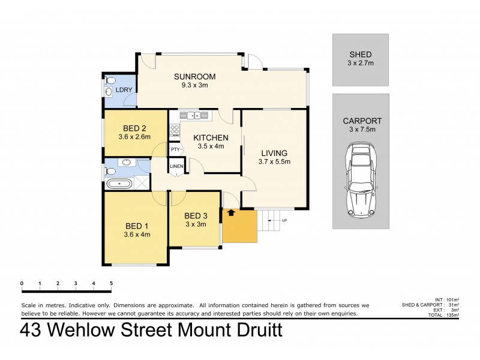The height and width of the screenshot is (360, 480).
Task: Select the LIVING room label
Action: [x=274, y=152]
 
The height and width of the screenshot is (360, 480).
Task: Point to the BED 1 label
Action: [x=137, y=226]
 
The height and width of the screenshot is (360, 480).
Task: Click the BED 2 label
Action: [x=135, y=128]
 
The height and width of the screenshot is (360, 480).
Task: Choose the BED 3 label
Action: [x=196, y=216]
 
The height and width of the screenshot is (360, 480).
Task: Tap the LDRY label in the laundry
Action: [x=124, y=91]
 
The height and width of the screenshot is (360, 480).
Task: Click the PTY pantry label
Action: [x=175, y=149]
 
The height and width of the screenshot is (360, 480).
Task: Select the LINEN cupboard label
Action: [x=176, y=166]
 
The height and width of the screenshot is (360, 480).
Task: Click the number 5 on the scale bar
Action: [x=111, y=283]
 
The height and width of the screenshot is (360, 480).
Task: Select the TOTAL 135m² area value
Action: [x=454, y=314]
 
